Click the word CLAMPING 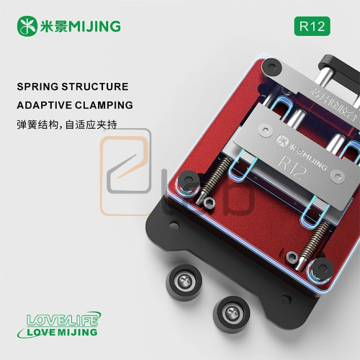coord(105,105)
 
